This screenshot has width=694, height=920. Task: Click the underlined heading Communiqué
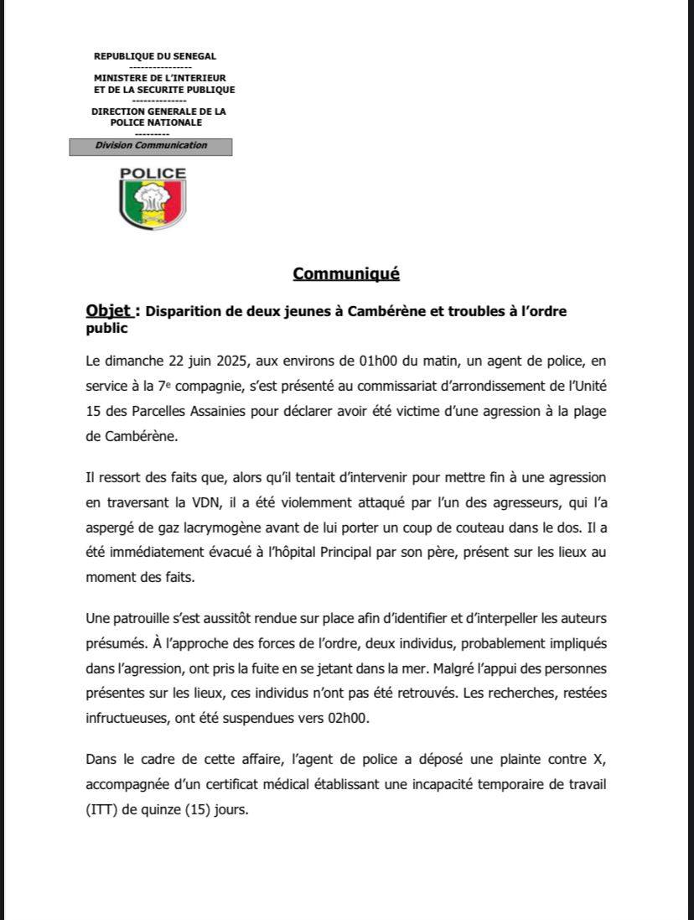tap(346, 273)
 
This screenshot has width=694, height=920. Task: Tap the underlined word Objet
tap(109, 311)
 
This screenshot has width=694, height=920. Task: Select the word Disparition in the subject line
tap(184, 312)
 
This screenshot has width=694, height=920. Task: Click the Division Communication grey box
tap(151, 146)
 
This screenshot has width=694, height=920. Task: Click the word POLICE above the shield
tap(153, 174)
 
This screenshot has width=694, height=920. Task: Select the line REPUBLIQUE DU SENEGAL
tap(155, 56)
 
